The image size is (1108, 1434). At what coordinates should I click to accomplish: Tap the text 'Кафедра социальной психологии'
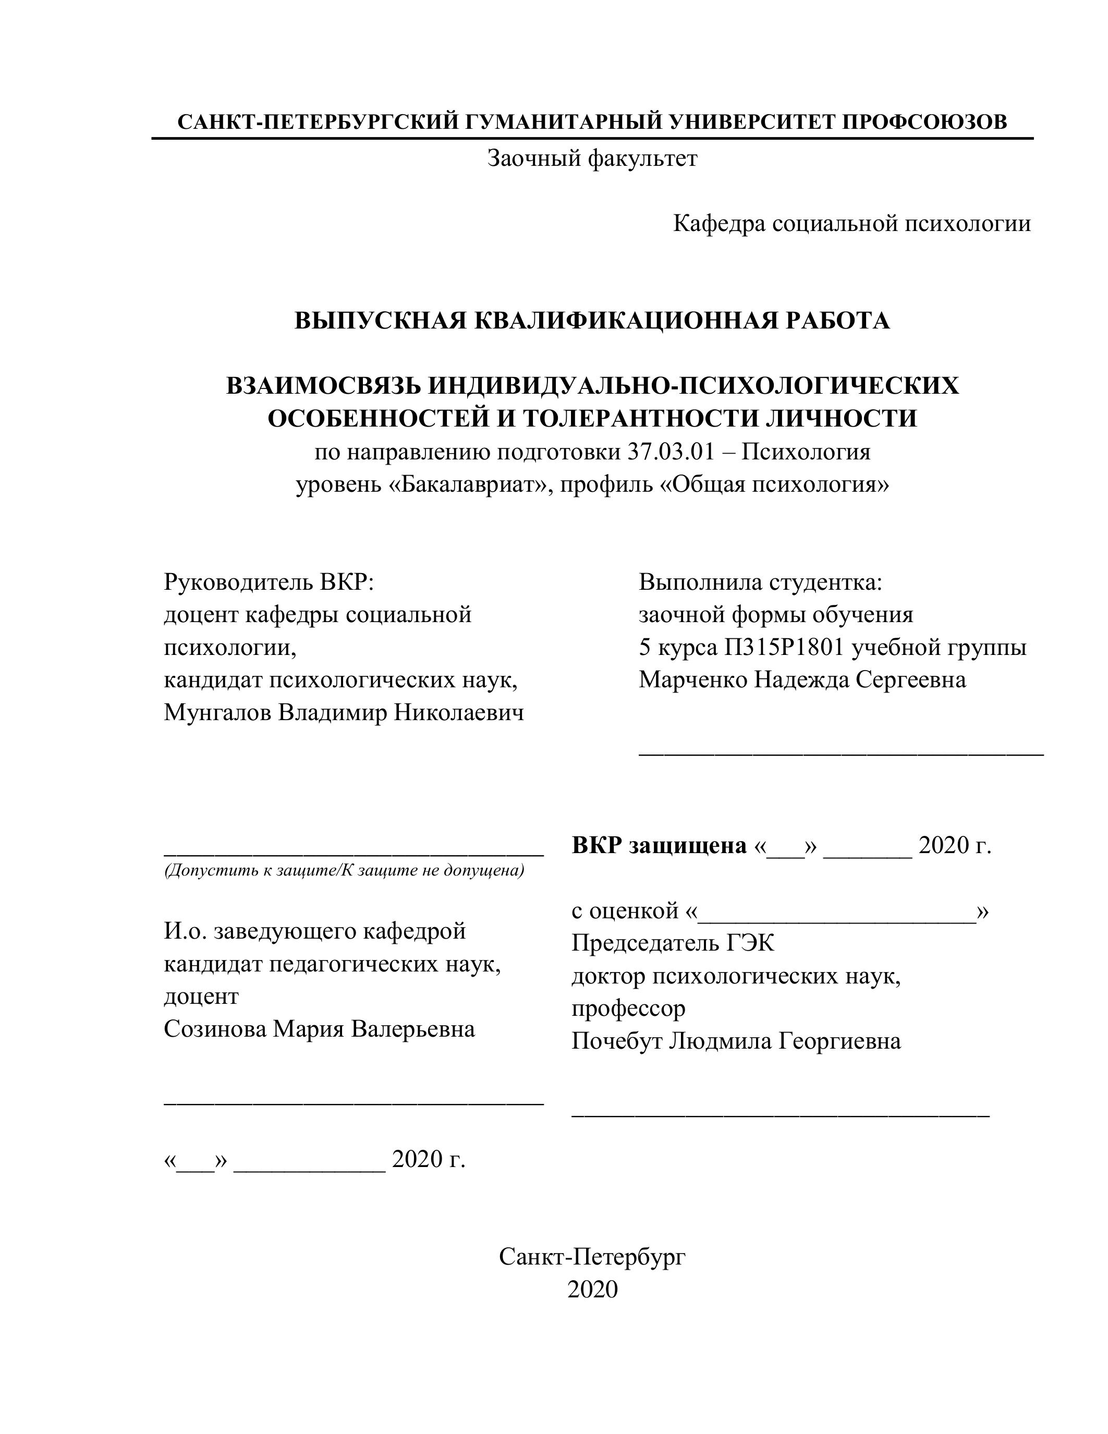(x=851, y=224)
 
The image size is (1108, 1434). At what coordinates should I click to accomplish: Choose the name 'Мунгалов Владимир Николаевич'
(x=343, y=712)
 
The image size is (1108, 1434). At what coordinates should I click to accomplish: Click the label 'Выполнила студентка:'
(x=760, y=582)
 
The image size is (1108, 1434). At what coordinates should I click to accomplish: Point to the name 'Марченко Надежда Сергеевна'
(x=802, y=679)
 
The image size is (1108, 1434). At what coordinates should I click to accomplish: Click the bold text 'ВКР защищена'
(x=659, y=845)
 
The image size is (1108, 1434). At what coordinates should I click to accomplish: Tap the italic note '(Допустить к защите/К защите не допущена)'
(x=343, y=871)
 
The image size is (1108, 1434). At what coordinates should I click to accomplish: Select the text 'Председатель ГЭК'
(x=672, y=943)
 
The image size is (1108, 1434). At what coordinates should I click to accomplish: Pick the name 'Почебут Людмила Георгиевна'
(x=736, y=1041)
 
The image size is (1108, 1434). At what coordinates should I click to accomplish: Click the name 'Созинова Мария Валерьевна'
(x=319, y=1029)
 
